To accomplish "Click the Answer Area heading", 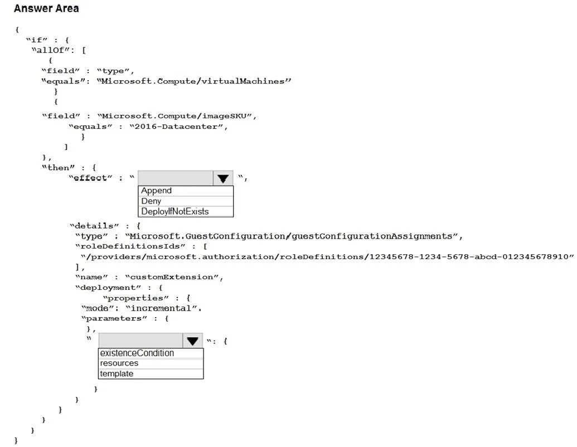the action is coord(46,8).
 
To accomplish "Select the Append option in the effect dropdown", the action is coord(157,191).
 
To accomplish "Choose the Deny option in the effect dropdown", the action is coord(151,201).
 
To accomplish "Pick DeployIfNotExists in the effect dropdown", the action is coord(175,212).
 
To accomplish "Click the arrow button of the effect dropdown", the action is coord(222,178).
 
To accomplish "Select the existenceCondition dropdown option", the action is coord(137,353).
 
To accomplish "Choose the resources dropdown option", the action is coord(119,363).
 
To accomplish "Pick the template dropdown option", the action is coord(117,373).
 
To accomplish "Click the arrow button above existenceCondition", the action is coord(192,341).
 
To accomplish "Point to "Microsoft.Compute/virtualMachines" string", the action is coord(194,81).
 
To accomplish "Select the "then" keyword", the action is coord(58,167).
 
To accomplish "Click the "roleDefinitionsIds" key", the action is coord(130,246).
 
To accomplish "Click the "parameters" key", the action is coord(114,318).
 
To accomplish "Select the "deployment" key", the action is coord(108,288).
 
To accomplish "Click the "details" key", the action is coord(94,226).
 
